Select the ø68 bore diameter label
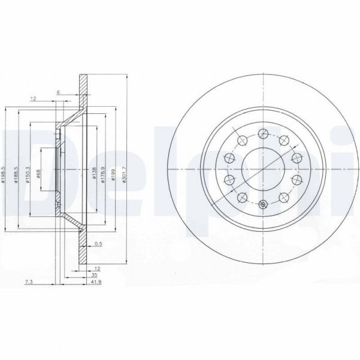point(38,173)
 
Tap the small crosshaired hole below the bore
point(264,205)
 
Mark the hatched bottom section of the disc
point(83,249)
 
